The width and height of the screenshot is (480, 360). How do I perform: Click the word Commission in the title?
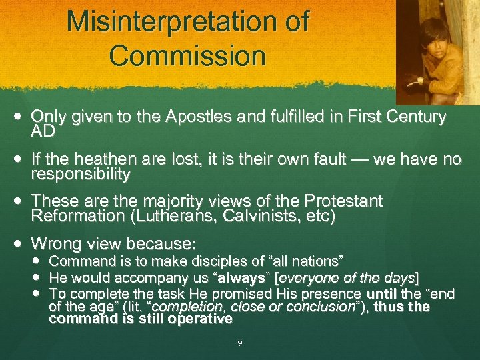coord(187,55)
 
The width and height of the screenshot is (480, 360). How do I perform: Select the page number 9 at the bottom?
coord(240,343)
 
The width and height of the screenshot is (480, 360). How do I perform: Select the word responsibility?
coord(81,174)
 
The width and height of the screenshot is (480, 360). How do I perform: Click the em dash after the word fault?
coord(345,161)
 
